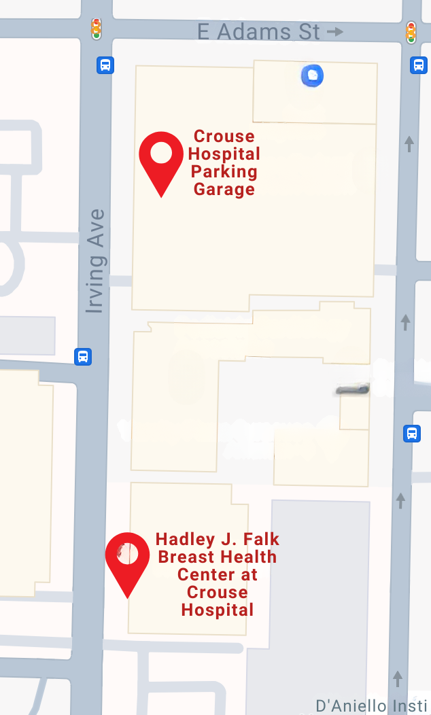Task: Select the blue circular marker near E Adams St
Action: [312, 75]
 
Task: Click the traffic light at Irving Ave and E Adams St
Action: [97, 29]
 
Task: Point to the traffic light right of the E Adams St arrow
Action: [411, 32]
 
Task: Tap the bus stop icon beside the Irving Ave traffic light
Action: [105, 65]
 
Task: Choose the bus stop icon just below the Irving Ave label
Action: [83, 356]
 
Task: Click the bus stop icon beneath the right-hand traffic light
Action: [419, 65]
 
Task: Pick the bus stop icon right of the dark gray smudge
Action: [411, 433]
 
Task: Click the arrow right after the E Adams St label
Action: [334, 31]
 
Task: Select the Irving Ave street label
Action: [96, 261]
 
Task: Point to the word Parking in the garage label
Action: [224, 171]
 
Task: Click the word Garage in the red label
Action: [224, 189]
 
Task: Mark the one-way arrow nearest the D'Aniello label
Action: [398, 677]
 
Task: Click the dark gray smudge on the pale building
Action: [353, 390]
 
